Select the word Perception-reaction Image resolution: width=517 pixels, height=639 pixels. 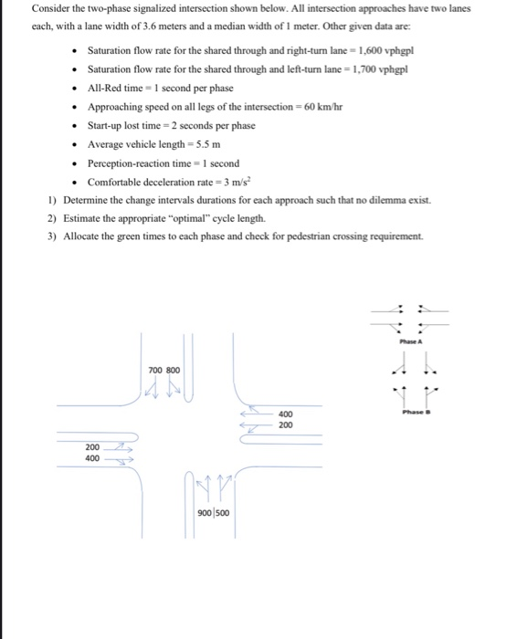(125, 163)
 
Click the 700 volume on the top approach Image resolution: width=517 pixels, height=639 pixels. (155, 371)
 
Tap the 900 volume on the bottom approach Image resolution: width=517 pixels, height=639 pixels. (206, 512)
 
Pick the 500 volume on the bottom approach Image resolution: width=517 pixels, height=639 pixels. (221, 512)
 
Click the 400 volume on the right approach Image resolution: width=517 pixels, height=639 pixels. (285, 414)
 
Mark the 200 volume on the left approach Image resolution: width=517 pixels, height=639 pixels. (92, 447)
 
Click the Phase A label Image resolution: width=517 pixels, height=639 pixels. (409, 342)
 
